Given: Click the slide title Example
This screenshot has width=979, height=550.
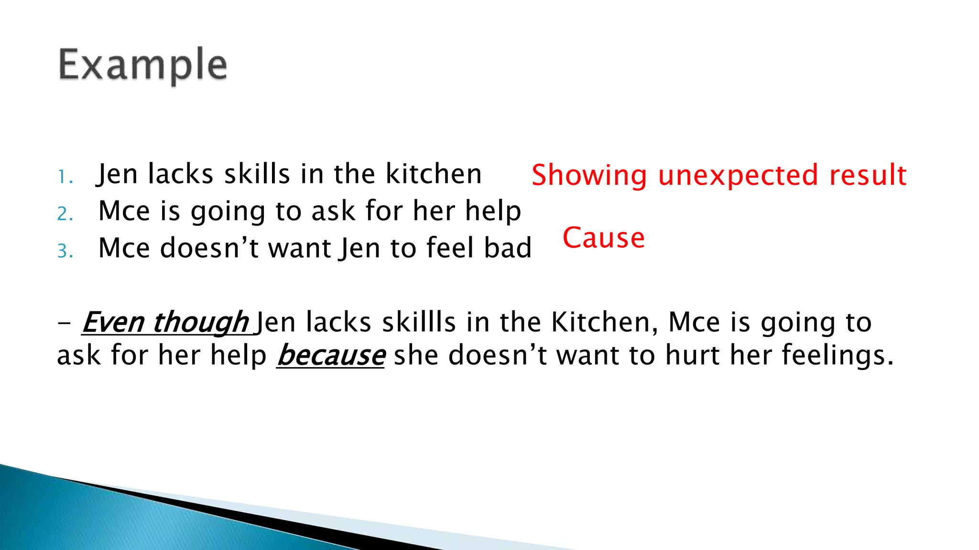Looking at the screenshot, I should pyautogui.click(x=142, y=65).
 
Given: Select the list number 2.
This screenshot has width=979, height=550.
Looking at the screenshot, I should pyautogui.click(x=65, y=214).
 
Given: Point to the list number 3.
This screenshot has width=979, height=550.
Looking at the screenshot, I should pyautogui.click(x=65, y=251).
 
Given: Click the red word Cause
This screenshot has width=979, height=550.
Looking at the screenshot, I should pyautogui.click(x=603, y=238).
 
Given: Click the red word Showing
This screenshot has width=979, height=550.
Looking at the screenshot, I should pyautogui.click(x=589, y=175).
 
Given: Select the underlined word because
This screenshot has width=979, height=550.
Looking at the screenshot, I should pyautogui.click(x=331, y=356).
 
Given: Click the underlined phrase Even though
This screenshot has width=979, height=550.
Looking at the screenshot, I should pyautogui.click(x=165, y=322).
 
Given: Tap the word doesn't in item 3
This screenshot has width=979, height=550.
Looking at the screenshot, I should pyautogui.click(x=209, y=248).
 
